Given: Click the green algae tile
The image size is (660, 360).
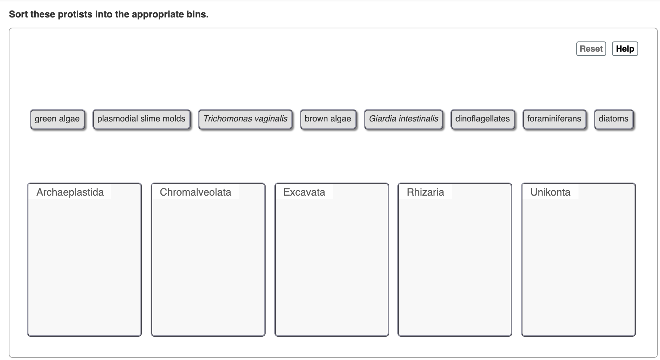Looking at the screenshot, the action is click(x=57, y=119).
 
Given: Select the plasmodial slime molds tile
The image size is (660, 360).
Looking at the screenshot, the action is click(x=141, y=119).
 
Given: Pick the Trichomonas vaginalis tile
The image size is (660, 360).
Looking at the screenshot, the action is click(x=245, y=119).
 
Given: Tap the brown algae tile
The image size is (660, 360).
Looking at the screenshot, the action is click(x=328, y=119).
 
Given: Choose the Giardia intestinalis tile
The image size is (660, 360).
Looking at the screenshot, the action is click(x=403, y=119).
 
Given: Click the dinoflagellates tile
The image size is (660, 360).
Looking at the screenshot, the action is click(x=482, y=119).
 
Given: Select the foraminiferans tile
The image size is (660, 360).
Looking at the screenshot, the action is click(x=554, y=119).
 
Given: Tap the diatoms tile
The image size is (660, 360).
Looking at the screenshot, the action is click(x=613, y=119).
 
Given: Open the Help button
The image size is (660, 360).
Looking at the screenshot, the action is click(x=625, y=49).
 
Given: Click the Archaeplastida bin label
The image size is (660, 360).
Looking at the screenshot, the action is click(x=70, y=192).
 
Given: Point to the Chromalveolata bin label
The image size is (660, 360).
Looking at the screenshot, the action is click(x=195, y=192).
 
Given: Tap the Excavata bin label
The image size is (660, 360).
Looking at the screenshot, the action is click(x=304, y=192).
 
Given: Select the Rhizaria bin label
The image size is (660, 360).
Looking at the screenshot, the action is click(x=425, y=192).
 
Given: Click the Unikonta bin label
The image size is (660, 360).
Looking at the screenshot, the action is click(x=550, y=192).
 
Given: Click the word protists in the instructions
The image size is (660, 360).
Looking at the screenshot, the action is click(x=75, y=15).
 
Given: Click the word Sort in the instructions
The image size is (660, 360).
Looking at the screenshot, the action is click(x=19, y=15).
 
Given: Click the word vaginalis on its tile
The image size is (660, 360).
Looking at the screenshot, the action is click(x=269, y=119).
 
